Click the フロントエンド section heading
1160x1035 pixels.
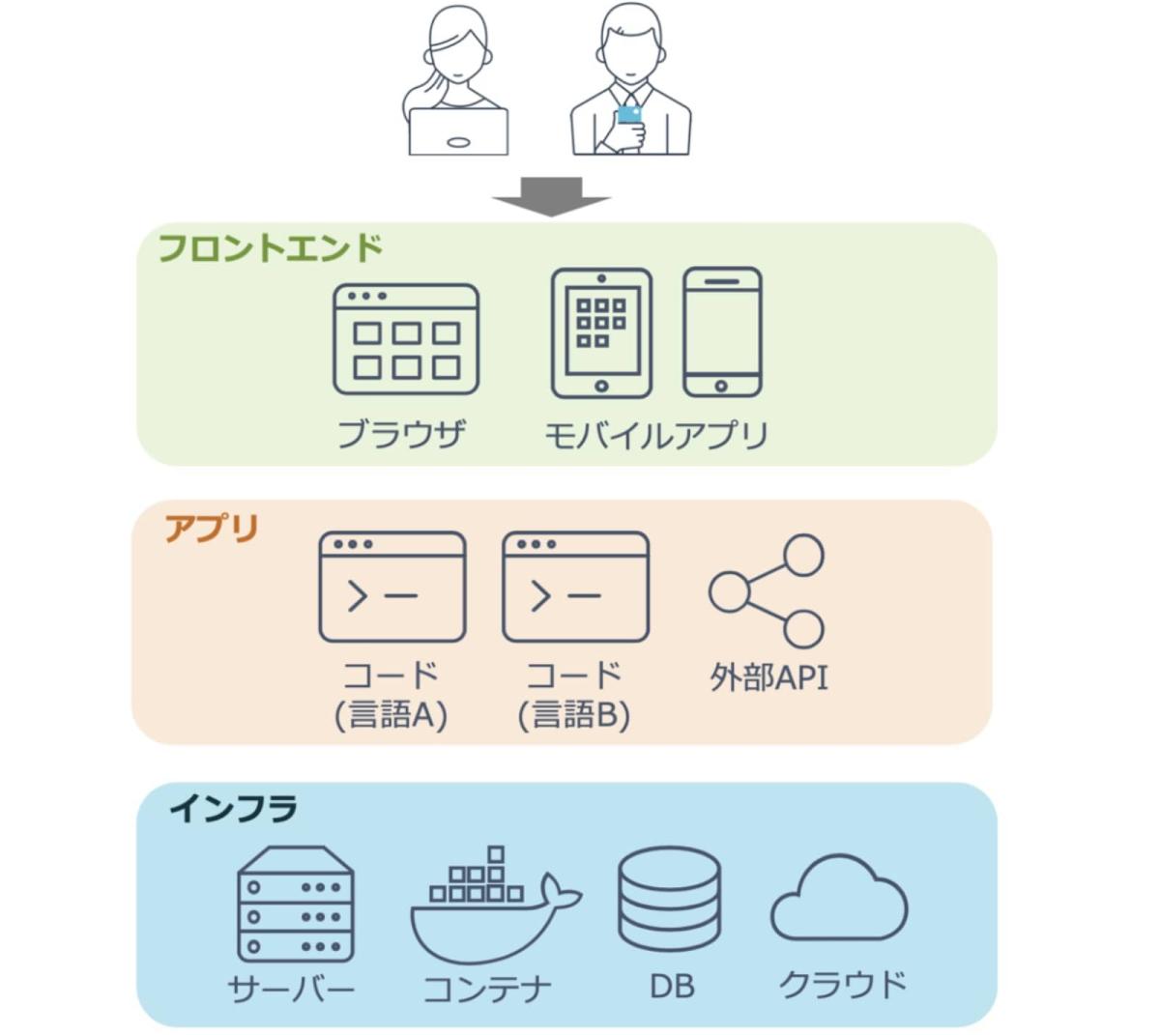click(270, 248)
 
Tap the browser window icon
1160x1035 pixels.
click(406, 339)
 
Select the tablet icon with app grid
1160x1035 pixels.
click(601, 333)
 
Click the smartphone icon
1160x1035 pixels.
click(722, 332)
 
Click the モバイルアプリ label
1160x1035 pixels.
click(656, 435)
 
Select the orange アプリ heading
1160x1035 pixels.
click(212, 530)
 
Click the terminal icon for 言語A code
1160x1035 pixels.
click(392, 587)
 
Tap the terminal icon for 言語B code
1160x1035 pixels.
click(575, 587)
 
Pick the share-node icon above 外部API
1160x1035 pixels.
click(768, 590)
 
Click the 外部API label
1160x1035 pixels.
click(768, 677)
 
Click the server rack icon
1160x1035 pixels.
click(296, 904)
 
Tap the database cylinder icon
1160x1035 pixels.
click(669, 899)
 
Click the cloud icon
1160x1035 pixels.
click(838, 899)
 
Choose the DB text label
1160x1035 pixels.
click(671, 987)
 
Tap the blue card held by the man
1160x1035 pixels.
click(629, 116)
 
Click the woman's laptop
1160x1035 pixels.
click(458, 132)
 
